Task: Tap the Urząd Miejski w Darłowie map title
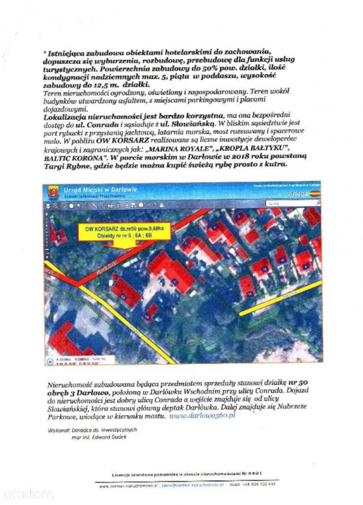pos(100,190)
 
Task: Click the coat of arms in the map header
pos(53,192)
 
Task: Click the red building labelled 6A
pos(125,292)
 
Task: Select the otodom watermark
pos(28,493)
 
